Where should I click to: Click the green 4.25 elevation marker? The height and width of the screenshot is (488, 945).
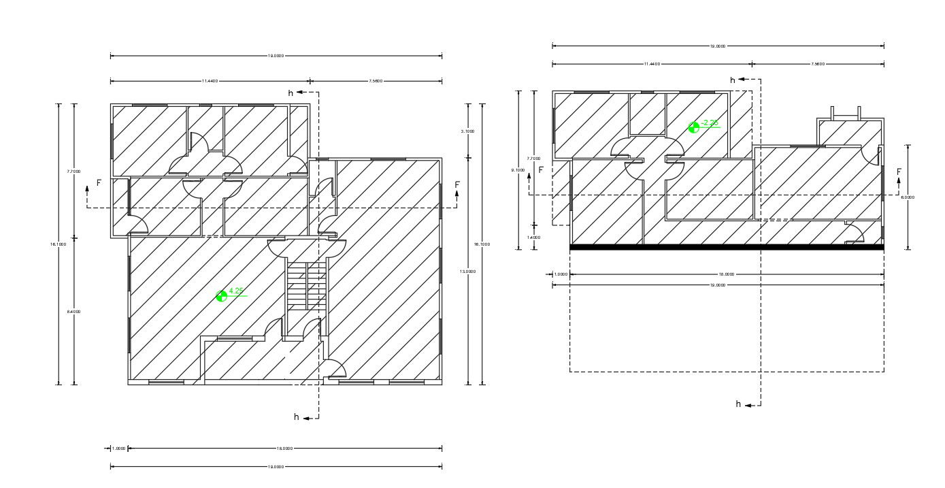(x=221, y=296)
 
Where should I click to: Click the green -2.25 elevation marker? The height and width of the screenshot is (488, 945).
(x=694, y=127)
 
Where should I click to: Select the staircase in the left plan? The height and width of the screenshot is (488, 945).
(x=307, y=287)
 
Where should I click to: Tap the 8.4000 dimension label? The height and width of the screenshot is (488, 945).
(x=74, y=312)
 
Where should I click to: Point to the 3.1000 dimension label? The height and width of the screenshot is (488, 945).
(x=467, y=131)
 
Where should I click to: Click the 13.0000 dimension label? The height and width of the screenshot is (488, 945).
(x=467, y=272)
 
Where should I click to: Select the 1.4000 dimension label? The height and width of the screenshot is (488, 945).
(x=534, y=237)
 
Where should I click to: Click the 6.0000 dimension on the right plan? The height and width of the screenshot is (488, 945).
(x=908, y=197)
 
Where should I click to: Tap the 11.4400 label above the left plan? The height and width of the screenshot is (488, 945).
(x=210, y=81)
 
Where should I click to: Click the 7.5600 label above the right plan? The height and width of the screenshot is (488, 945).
(x=818, y=64)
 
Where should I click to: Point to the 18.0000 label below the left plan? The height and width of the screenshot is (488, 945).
(x=284, y=449)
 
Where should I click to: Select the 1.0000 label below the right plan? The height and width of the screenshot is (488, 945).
(x=561, y=274)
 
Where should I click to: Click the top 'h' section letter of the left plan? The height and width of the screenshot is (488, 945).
(x=291, y=93)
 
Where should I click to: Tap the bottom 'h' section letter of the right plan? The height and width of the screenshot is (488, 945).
(x=738, y=404)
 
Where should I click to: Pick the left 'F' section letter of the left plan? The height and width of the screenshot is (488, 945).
(x=99, y=183)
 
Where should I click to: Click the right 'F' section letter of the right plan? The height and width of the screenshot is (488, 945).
(x=898, y=172)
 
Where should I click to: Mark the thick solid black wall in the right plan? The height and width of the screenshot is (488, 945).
(x=726, y=247)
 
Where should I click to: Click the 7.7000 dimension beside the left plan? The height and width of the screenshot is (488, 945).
(x=74, y=172)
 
